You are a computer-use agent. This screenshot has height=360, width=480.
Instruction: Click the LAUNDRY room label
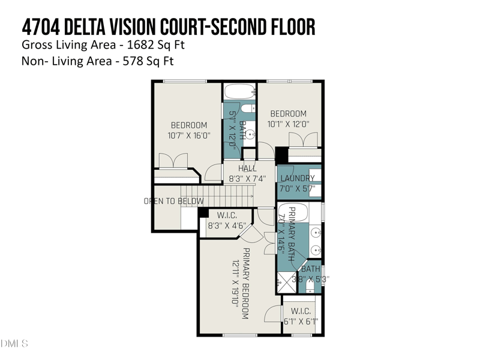point(298,178)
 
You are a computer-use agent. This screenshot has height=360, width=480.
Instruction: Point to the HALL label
point(247,169)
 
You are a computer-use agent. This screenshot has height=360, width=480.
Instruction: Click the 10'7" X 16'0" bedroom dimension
point(189,136)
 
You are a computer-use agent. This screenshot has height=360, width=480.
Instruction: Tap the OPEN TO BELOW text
point(173,201)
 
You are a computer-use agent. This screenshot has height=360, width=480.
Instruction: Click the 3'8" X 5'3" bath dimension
point(310,278)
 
